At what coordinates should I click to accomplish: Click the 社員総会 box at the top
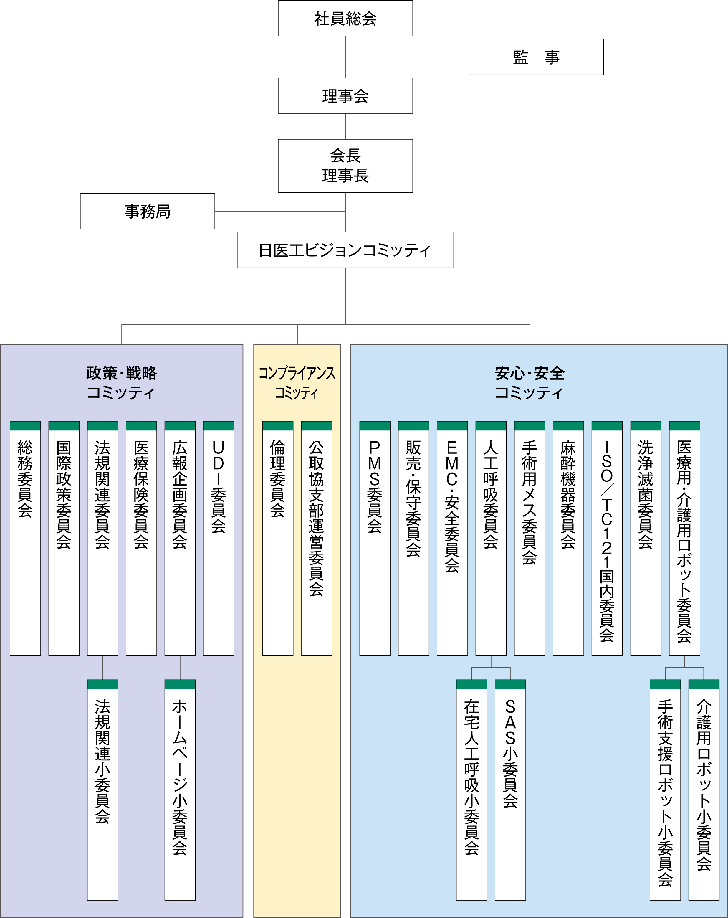tap(345, 18)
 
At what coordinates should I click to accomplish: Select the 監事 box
tap(536, 57)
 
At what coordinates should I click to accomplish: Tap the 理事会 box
tap(345, 96)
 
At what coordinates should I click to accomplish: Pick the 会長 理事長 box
tap(345, 166)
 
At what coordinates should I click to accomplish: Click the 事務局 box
tap(147, 211)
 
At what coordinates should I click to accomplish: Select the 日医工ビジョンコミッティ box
tap(345, 250)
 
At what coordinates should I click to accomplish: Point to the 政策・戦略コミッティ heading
tap(121, 382)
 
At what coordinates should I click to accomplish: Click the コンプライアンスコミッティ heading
tap(297, 382)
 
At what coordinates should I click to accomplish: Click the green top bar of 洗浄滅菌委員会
tap(646, 426)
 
